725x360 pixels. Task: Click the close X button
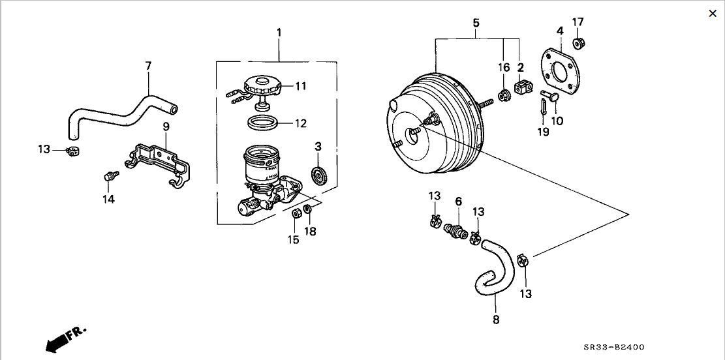coord(713,14)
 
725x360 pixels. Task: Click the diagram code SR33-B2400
coord(613,347)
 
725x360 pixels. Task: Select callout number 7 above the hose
coord(148,66)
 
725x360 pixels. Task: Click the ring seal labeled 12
coord(262,123)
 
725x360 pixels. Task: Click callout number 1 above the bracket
coord(279,33)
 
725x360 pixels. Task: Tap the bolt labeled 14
coord(110,175)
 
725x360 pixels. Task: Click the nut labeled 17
coord(578,44)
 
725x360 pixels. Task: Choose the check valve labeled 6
coord(455,230)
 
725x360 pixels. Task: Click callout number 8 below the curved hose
coord(496,320)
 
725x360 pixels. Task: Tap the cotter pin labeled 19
coord(544,109)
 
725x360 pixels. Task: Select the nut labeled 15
coord(297,213)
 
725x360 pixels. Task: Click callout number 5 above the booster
coord(476,23)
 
